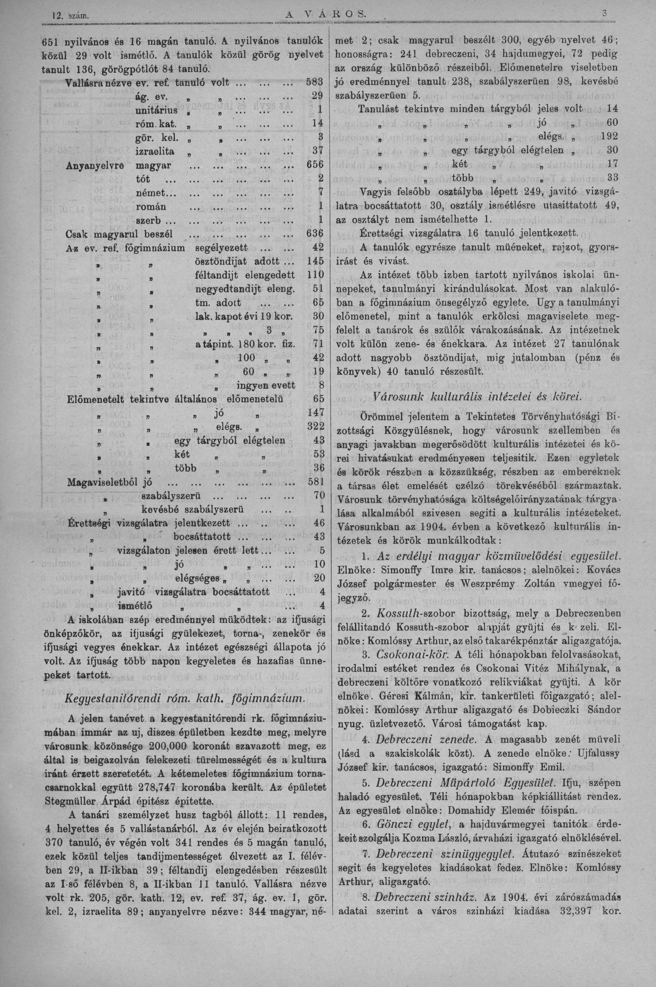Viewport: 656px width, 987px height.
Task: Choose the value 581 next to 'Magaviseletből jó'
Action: click(x=315, y=482)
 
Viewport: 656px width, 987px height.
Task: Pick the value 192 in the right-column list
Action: click(x=608, y=136)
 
